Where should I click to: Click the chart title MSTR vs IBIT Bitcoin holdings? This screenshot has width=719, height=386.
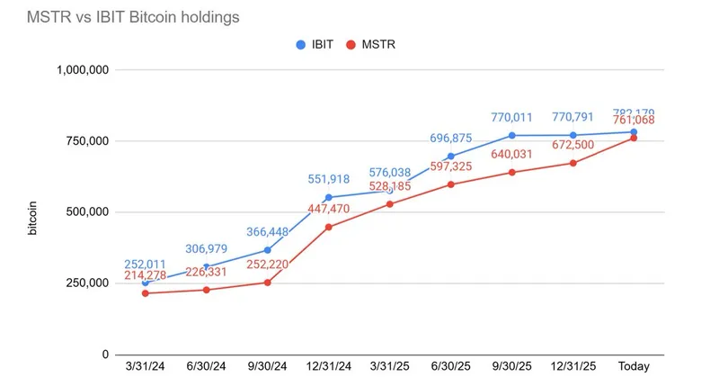(133, 17)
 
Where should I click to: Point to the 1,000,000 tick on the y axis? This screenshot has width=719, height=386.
(83, 70)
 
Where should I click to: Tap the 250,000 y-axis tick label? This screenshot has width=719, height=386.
(86, 283)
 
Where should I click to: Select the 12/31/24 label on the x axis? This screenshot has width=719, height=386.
(328, 367)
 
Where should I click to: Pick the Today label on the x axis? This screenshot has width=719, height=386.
(634, 367)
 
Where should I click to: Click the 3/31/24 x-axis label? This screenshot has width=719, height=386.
(145, 367)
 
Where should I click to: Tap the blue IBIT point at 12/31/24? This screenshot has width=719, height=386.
(328, 197)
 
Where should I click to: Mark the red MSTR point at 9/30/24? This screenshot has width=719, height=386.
(267, 283)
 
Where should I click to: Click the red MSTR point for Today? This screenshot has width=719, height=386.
(634, 138)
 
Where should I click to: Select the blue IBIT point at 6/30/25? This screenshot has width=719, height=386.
(450, 156)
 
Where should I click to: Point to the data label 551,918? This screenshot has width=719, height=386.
(328, 179)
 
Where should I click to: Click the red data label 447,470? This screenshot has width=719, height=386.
(328, 209)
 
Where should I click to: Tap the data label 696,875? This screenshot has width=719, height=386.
(450, 138)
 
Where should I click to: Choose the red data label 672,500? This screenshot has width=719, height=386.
(573, 145)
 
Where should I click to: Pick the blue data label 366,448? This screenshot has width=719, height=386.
(267, 231)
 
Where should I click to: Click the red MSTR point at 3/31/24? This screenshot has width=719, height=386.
(145, 293)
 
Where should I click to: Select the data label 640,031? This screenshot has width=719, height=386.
(511, 154)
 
